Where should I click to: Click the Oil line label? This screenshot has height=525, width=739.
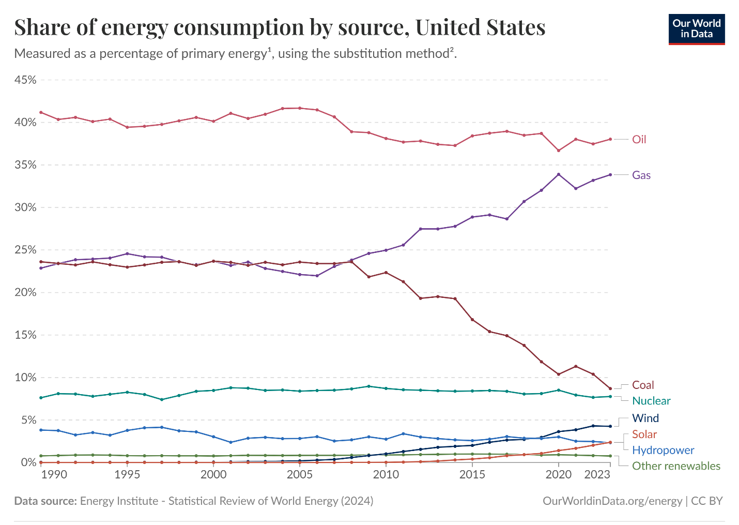(639, 140)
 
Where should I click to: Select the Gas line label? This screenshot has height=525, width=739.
(641, 175)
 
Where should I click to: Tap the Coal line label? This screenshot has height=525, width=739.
(643, 385)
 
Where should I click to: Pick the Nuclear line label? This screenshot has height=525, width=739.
(651, 401)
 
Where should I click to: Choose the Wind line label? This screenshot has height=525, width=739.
(645, 418)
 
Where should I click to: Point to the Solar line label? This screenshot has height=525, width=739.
(644, 434)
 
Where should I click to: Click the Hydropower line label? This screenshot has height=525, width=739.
(663, 451)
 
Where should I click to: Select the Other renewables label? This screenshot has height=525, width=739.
(676, 466)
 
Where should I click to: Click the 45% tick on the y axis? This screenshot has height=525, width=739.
(25, 80)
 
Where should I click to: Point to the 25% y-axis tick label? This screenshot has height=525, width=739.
(25, 250)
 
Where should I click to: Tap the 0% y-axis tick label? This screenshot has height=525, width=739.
(28, 462)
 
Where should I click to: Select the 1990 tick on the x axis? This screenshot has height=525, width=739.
(54, 475)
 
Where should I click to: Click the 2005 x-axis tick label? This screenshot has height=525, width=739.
(299, 475)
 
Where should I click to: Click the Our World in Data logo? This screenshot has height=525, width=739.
(696, 29)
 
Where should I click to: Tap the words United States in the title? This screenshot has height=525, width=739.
(480, 27)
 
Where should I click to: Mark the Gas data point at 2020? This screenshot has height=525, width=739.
(558, 174)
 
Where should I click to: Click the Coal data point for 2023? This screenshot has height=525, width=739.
(610, 388)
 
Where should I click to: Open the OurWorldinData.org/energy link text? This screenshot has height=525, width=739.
(612, 501)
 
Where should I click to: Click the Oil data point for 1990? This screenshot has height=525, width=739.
(41, 112)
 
